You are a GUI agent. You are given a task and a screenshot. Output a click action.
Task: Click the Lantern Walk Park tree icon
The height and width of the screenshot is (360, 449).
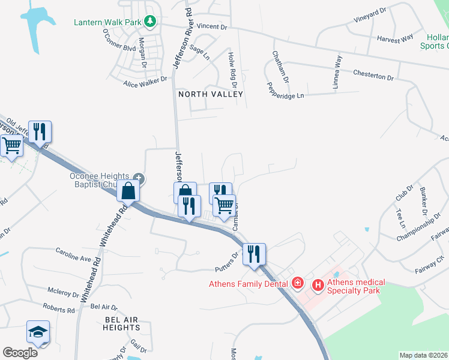click(x=150, y=22)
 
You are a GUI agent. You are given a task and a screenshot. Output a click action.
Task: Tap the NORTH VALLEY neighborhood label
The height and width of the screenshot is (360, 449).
click(x=210, y=94)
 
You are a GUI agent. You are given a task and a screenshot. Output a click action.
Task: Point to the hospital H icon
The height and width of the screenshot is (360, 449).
click(x=318, y=285)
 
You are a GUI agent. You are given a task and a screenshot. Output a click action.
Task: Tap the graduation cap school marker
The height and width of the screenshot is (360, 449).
click(x=38, y=332)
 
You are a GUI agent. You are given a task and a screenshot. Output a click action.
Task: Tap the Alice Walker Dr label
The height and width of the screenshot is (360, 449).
click(x=145, y=82)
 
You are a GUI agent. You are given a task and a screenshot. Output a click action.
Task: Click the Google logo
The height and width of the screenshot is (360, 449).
click(x=20, y=352)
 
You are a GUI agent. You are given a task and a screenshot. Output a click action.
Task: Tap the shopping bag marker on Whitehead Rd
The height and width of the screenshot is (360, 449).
click(x=128, y=191)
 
